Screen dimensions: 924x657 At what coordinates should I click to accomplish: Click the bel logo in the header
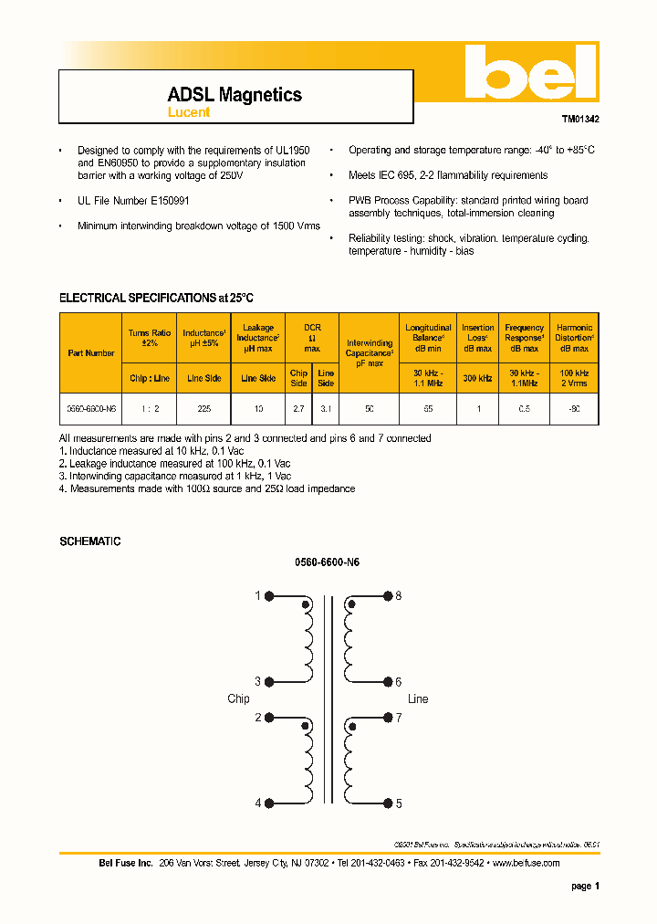(x=529, y=74)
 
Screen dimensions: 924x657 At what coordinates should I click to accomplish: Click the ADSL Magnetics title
(x=235, y=95)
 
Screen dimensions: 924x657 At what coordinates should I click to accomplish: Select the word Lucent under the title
(x=189, y=112)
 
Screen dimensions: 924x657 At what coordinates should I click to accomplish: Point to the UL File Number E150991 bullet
(x=133, y=200)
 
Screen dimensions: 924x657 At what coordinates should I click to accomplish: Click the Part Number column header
(x=91, y=352)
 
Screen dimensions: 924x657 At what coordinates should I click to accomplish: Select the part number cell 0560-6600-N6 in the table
(x=91, y=410)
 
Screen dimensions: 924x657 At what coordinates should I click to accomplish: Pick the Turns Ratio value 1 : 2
(x=150, y=410)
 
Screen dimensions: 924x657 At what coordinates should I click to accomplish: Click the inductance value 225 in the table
(x=203, y=410)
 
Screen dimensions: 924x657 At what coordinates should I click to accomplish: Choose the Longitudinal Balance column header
(x=428, y=338)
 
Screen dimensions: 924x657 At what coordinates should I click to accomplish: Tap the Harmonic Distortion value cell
(x=574, y=410)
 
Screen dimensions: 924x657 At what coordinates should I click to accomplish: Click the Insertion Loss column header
(x=477, y=338)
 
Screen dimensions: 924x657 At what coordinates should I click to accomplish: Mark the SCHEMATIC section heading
(x=90, y=541)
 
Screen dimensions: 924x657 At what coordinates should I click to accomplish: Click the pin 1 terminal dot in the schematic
(x=270, y=596)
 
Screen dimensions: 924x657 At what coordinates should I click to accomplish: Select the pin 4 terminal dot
(x=270, y=803)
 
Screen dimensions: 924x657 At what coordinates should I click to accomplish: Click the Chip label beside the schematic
(x=238, y=699)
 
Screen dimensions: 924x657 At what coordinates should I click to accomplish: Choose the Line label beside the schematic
(x=418, y=699)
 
